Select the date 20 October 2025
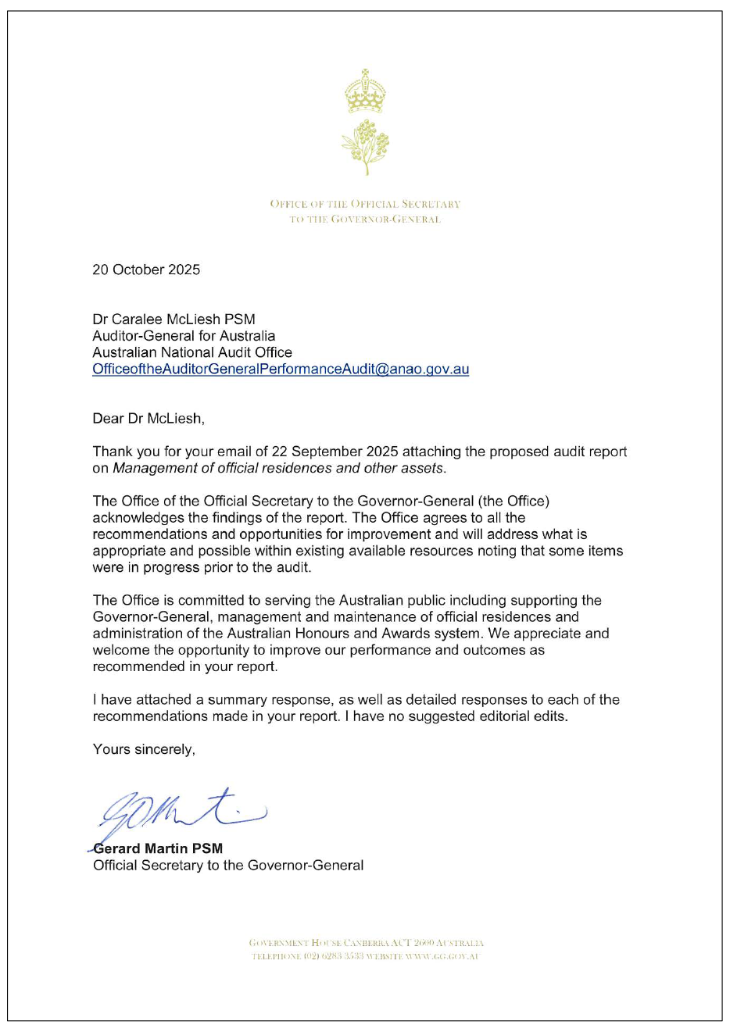pyautogui.click(x=146, y=270)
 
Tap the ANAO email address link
pyautogui.click(x=281, y=369)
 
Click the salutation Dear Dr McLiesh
pyautogui.click(x=149, y=419)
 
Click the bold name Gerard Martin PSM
pyautogui.click(x=158, y=848)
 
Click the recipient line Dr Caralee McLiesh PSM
pyautogui.click(x=174, y=319)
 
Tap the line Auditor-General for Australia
pyautogui.click(x=184, y=336)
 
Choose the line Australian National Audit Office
pyautogui.click(x=192, y=352)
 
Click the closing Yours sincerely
pyautogui.click(x=144, y=749)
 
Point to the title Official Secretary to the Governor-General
pyautogui.click(x=228, y=865)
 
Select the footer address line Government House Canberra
pyautogui.click(x=366, y=943)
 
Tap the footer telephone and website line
pyautogui.click(x=365, y=956)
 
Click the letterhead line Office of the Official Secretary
pyautogui.click(x=365, y=204)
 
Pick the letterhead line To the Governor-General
pyautogui.click(x=365, y=220)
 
